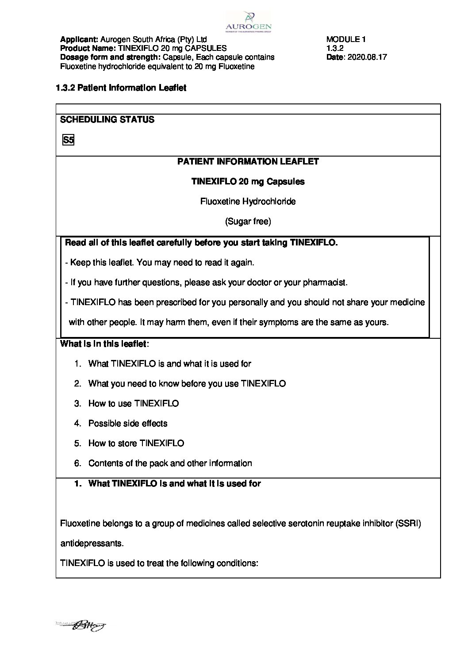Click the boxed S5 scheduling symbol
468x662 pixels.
pyautogui.click(x=68, y=141)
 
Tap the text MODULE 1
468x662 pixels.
pyautogui.click(x=346, y=39)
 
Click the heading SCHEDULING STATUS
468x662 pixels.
pyautogui.click(x=107, y=119)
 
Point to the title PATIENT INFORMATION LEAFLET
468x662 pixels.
pyautogui.click(x=248, y=161)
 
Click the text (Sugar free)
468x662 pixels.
pyautogui.click(x=248, y=222)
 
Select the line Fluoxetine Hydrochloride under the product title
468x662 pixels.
pyautogui.click(x=248, y=202)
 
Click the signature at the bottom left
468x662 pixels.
pyautogui.click(x=82, y=625)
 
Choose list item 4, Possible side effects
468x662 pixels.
pyautogui.click(x=127, y=424)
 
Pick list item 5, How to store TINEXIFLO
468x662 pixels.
pyautogui.click(x=136, y=444)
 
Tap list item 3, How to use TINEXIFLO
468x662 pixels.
pyautogui.click(x=133, y=404)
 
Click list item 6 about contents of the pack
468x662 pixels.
pyautogui.click(x=170, y=463)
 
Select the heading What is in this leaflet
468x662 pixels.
pyautogui.click(x=104, y=344)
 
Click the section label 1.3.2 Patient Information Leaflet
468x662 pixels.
pyautogui.click(x=121, y=88)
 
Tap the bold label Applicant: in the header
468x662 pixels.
pyautogui.click(x=79, y=39)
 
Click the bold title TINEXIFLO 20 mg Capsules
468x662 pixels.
pyautogui.click(x=248, y=181)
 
